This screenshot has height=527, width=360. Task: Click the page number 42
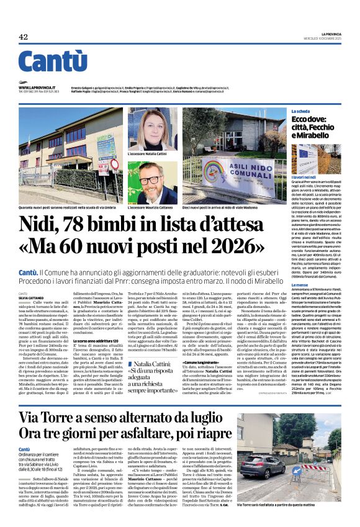[x=24, y=37]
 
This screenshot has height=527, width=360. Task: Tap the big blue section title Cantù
[x=53, y=61]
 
